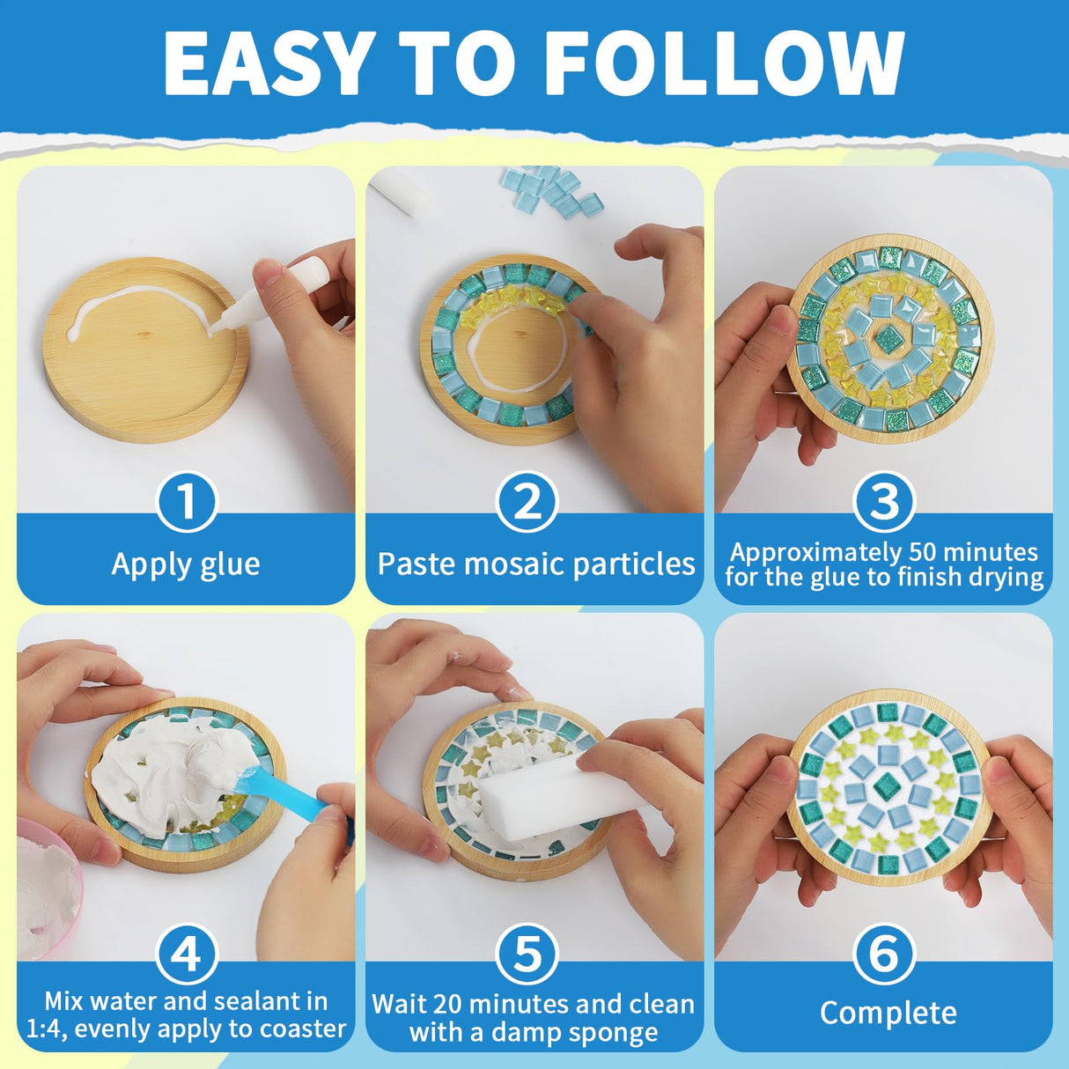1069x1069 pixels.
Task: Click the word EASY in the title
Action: click(x=267, y=64)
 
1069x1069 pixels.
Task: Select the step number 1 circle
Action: click(x=187, y=502)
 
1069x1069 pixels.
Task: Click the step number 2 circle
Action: click(x=527, y=502)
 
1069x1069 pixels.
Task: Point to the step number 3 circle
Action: click(x=884, y=502)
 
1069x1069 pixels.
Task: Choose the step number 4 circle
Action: click(x=187, y=954)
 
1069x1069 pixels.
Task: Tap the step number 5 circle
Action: click(x=527, y=954)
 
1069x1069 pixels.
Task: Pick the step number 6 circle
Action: click(x=884, y=954)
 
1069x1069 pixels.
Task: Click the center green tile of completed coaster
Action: click(x=885, y=785)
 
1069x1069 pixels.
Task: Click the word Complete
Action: click(x=888, y=1013)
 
